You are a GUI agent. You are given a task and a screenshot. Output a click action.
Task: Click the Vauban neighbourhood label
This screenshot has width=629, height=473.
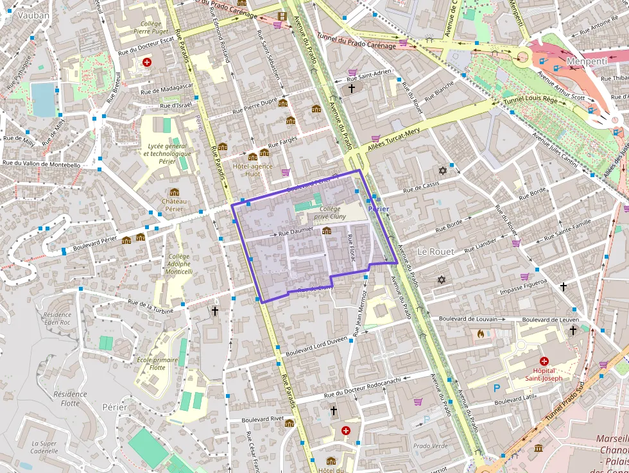[x=34, y=15]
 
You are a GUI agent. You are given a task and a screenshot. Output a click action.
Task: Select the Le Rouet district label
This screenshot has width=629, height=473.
[x=436, y=251]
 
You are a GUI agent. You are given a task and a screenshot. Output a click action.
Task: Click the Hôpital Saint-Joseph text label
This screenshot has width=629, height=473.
[x=544, y=374]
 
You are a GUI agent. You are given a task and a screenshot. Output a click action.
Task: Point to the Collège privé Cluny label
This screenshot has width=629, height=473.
[x=330, y=213]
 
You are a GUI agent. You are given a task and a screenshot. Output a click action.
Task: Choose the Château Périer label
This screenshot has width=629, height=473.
[x=174, y=205]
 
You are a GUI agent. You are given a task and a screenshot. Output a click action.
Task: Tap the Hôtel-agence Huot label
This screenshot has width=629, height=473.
[x=252, y=170]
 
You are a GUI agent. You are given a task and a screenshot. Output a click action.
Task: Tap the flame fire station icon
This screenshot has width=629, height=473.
[x=479, y=334]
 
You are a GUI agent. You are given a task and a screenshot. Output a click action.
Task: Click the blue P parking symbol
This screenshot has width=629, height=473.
[x=496, y=388]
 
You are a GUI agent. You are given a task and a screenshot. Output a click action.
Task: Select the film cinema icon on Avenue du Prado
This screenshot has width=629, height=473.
[x=282, y=16]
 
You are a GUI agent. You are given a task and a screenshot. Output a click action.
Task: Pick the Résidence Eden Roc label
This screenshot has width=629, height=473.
[x=57, y=318]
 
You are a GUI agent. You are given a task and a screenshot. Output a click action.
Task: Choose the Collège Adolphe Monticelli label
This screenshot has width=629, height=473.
[x=179, y=263]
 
